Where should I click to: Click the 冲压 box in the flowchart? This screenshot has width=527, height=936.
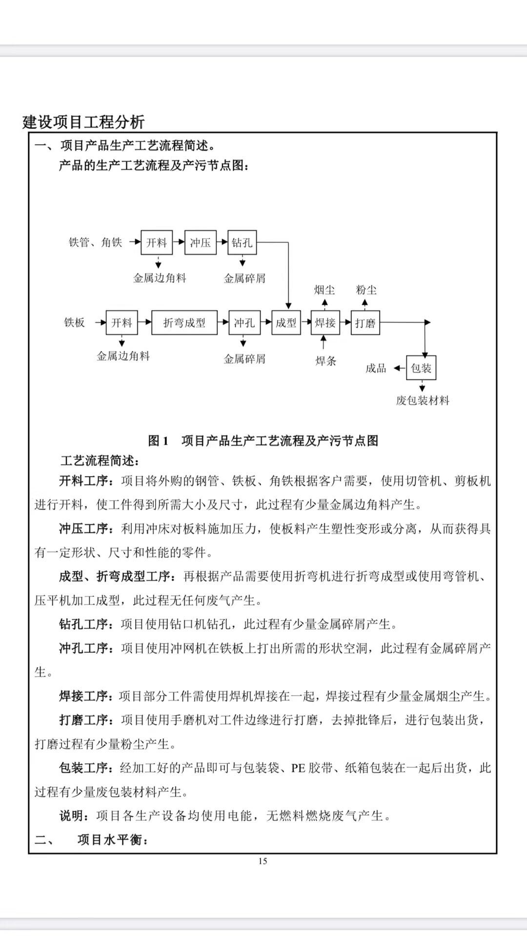pyautogui.click(x=200, y=242)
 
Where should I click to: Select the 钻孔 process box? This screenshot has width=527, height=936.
pyautogui.click(x=242, y=242)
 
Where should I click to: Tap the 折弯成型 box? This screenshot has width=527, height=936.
pyautogui.click(x=184, y=323)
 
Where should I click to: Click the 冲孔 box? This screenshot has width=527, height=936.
pyautogui.click(x=244, y=323)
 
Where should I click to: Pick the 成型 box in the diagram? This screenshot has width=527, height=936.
pyautogui.click(x=286, y=323)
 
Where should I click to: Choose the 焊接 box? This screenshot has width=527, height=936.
pyautogui.click(x=325, y=323)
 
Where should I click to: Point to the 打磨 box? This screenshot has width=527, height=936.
pyautogui.click(x=365, y=323)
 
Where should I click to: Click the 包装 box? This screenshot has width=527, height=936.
pyautogui.click(x=421, y=368)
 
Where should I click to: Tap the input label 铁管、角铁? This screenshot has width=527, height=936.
pyautogui.click(x=95, y=242)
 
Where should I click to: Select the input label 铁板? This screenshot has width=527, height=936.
pyautogui.click(x=74, y=323)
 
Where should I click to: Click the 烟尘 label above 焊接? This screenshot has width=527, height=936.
pyautogui.click(x=324, y=290)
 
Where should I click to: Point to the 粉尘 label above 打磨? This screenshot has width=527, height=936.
pyautogui.click(x=366, y=290)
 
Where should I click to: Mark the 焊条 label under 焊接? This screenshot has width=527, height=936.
pyautogui.click(x=325, y=361)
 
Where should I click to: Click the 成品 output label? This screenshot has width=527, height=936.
pyautogui.click(x=376, y=369)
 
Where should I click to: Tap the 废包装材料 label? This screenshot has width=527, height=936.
pyautogui.click(x=423, y=401)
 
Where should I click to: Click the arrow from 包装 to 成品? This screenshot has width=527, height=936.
pyautogui.click(x=400, y=369)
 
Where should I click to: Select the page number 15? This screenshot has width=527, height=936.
pyautogui.click(x=263, y=861)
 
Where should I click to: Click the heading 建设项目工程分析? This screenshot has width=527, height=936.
pyautogui.click(x=83, y=122)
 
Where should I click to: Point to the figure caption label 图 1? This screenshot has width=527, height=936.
pyautogui.click(x=158, y=441)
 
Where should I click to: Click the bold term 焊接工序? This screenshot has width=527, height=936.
pyautogui.click(x=83, y=696)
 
